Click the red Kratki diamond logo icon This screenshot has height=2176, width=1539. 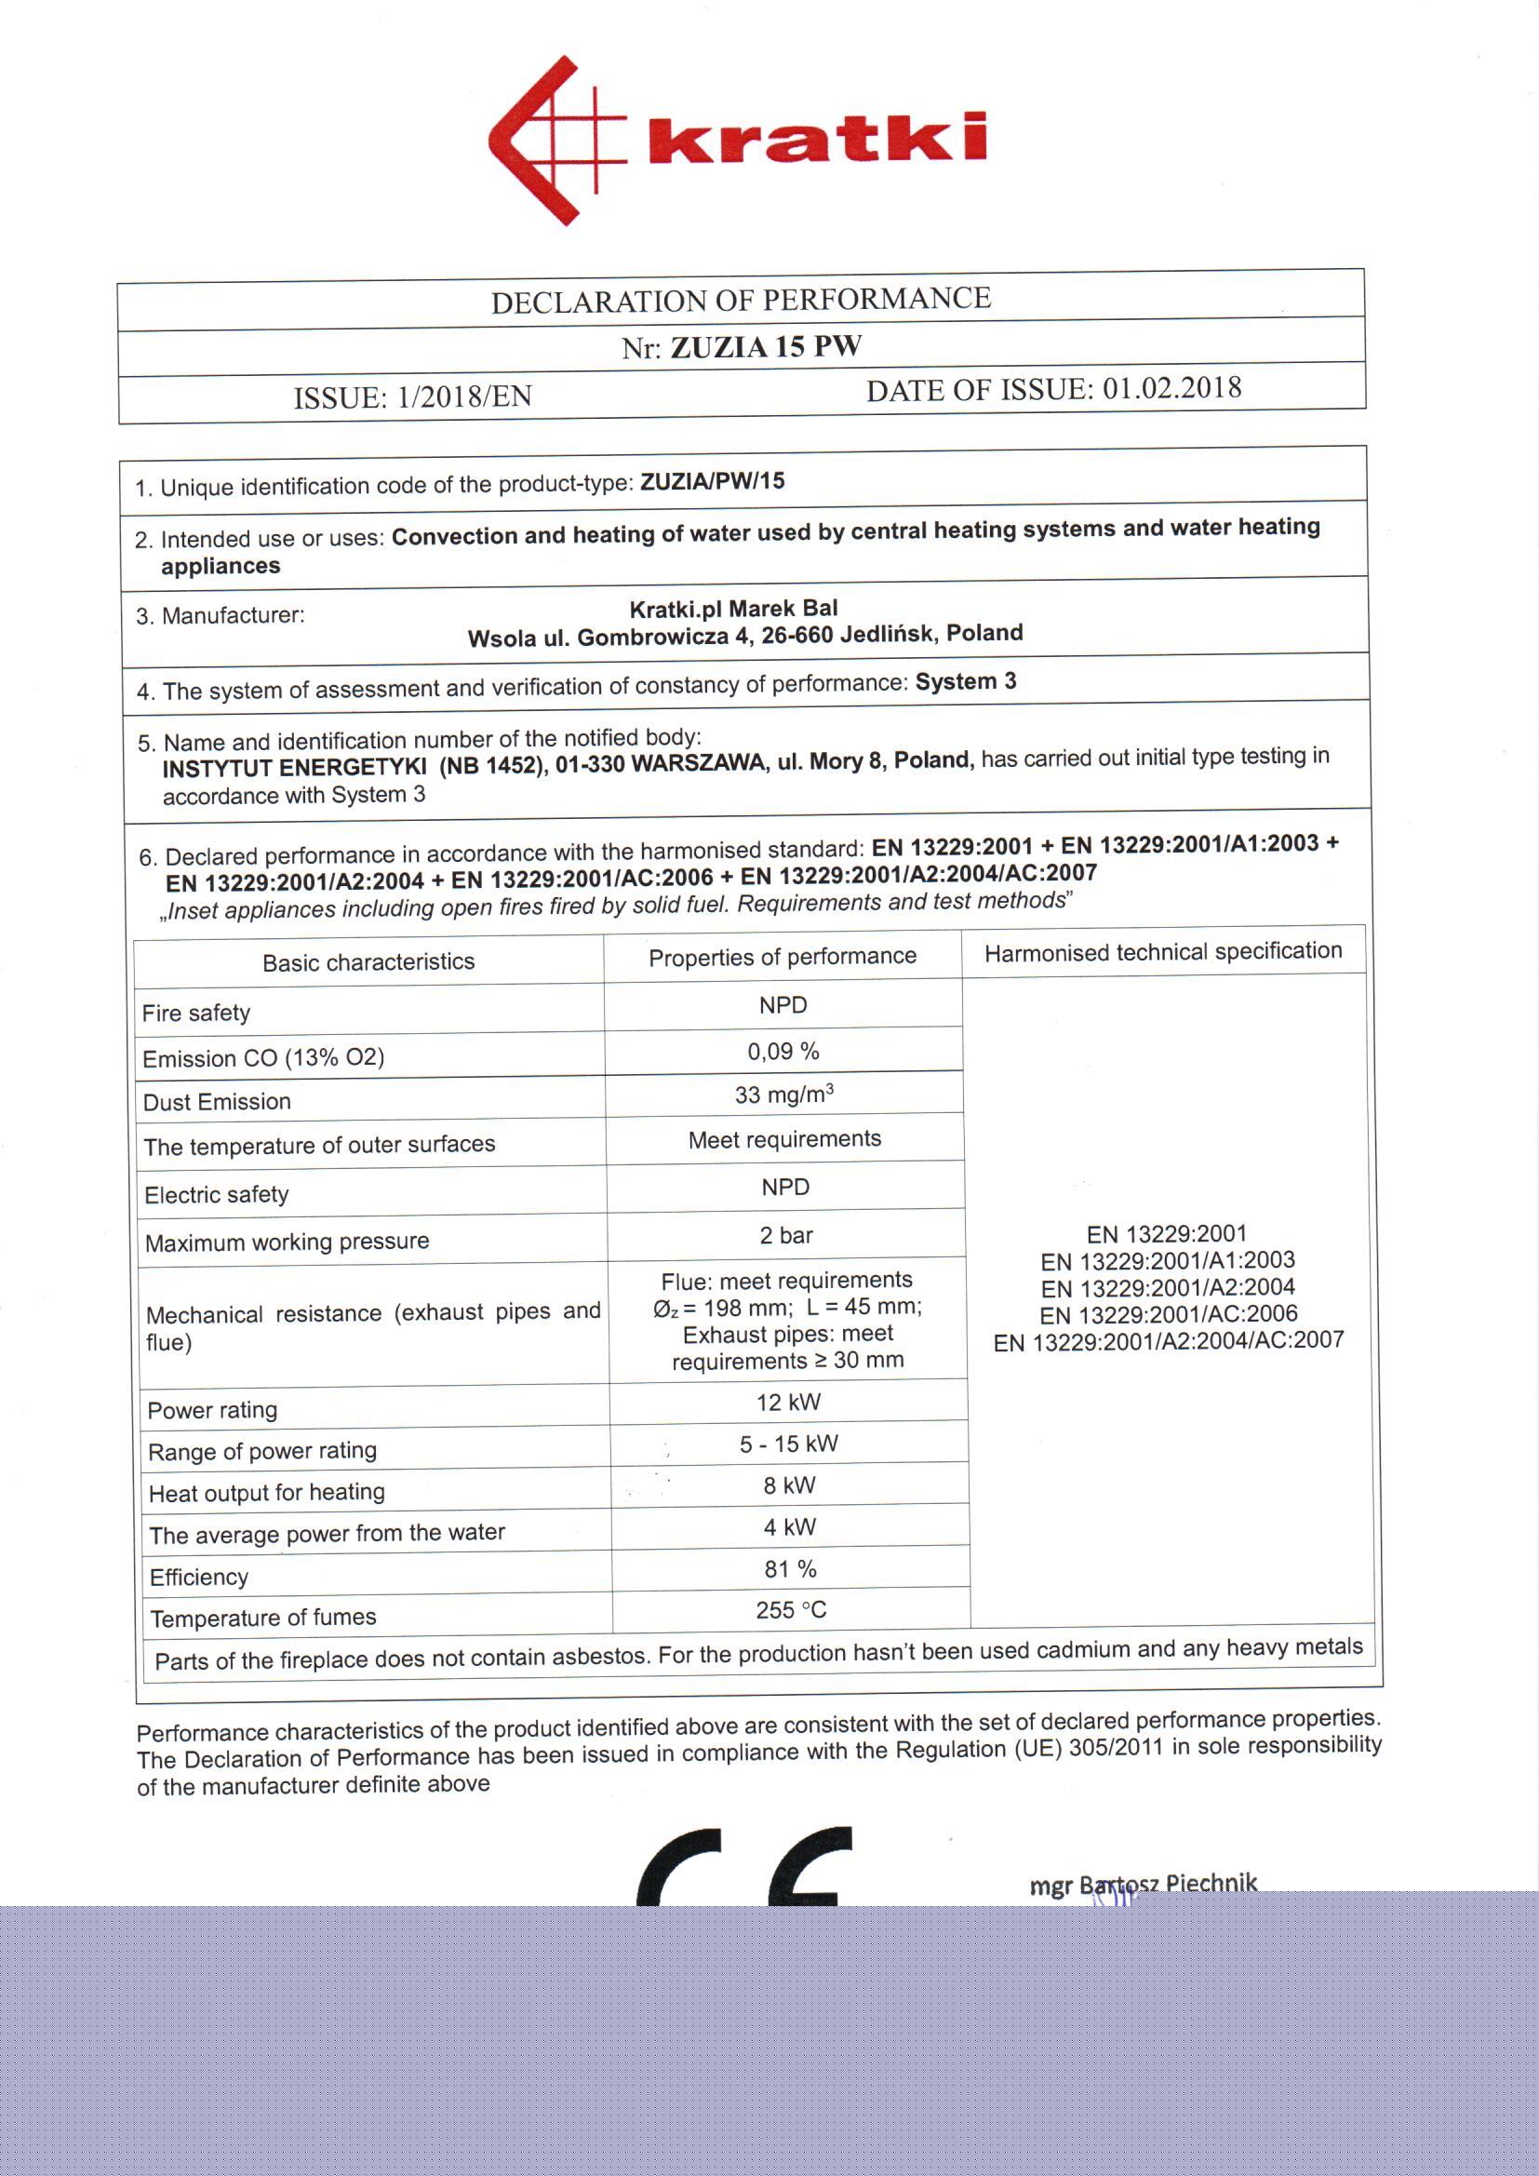[x=555, y=141]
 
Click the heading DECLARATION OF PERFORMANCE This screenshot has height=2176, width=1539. [x=740, y=301]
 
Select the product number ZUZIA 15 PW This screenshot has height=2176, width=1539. [x=766, y=347]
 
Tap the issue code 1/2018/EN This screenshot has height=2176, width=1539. [x=464, y=396]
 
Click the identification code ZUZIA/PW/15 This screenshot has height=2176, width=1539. [x=713, y=481]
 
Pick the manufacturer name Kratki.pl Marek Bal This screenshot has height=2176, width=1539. [x=733, y=609]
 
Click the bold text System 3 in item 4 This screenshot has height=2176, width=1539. [x=965, y=681]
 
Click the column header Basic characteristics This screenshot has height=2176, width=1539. [x=368, y=962]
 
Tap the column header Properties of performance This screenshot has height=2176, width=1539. [x=783, y=957]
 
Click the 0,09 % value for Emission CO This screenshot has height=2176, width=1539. [x=783, y=1051]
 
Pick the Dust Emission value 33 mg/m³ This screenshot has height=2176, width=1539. [x=783, y=1095]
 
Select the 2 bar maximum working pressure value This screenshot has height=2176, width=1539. [x=785, y=1235]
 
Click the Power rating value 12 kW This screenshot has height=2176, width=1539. [x=788, y=1402]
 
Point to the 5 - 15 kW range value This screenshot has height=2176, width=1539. [x=788, y=1444]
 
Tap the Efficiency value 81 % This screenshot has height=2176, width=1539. [x=790, y=1568]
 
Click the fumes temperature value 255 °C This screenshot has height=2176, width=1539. [x=790, y=1609]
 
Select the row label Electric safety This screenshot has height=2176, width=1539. [x=216, y=1195]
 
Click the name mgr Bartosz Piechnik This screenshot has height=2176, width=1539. [x=1143, y=1883]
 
